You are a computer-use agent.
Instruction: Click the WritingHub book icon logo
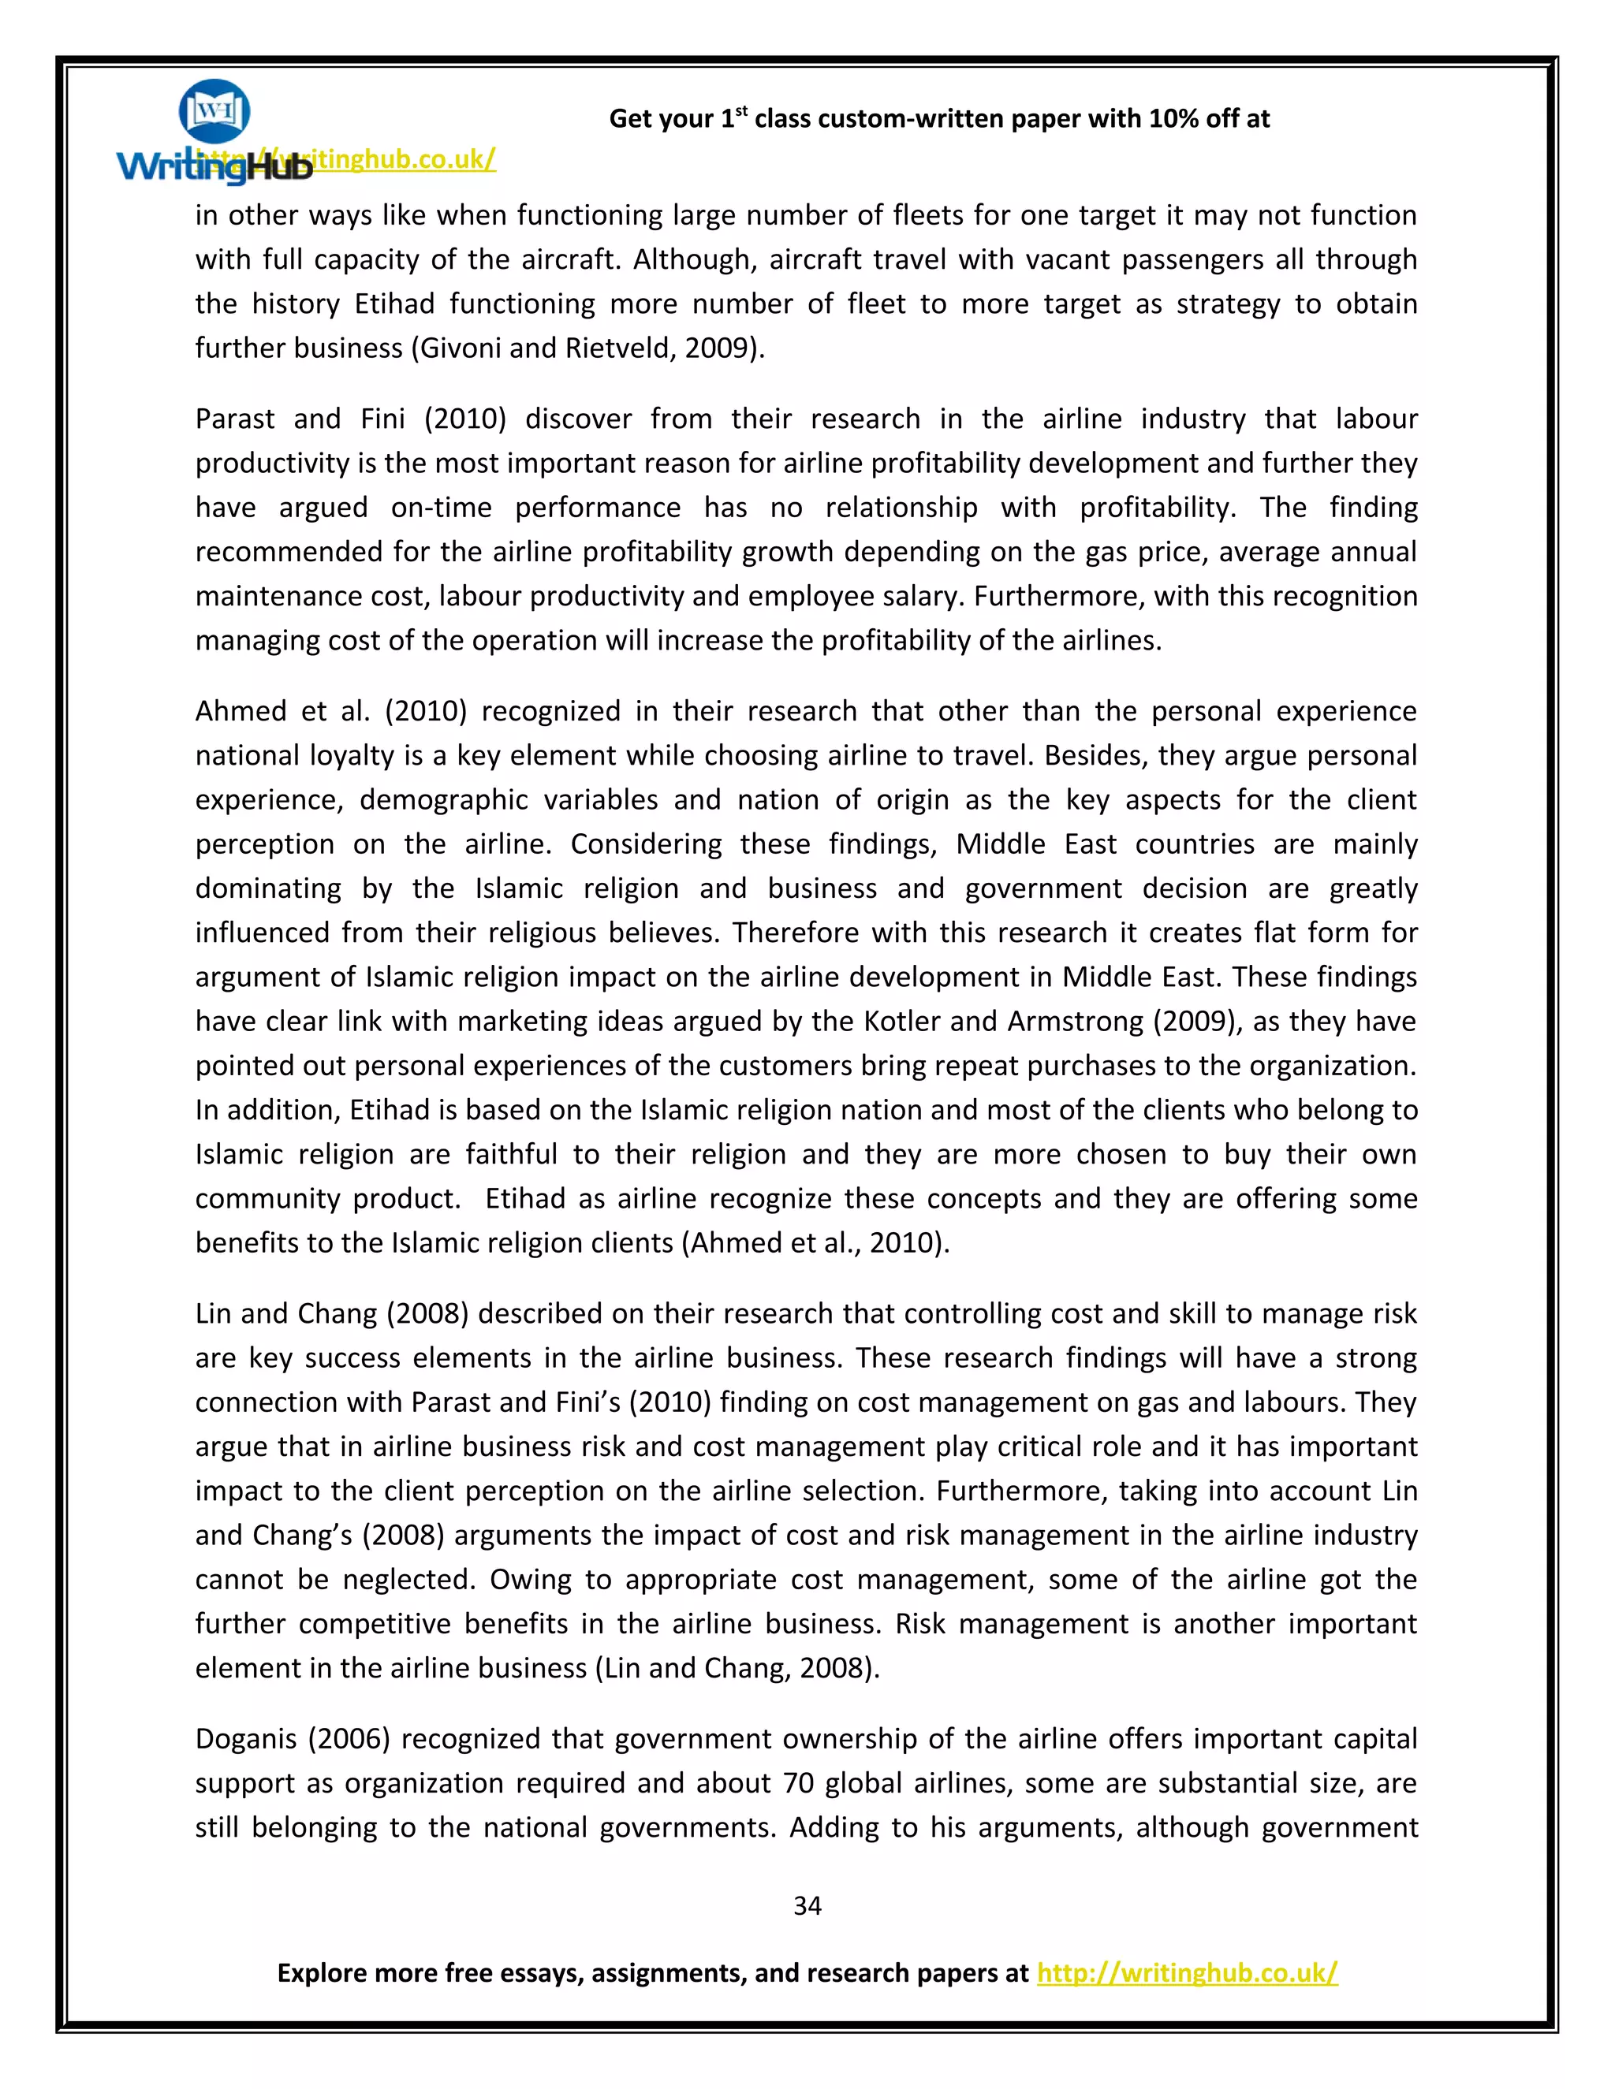point(214,112)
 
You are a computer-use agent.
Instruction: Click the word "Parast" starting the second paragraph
point(233,418)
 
